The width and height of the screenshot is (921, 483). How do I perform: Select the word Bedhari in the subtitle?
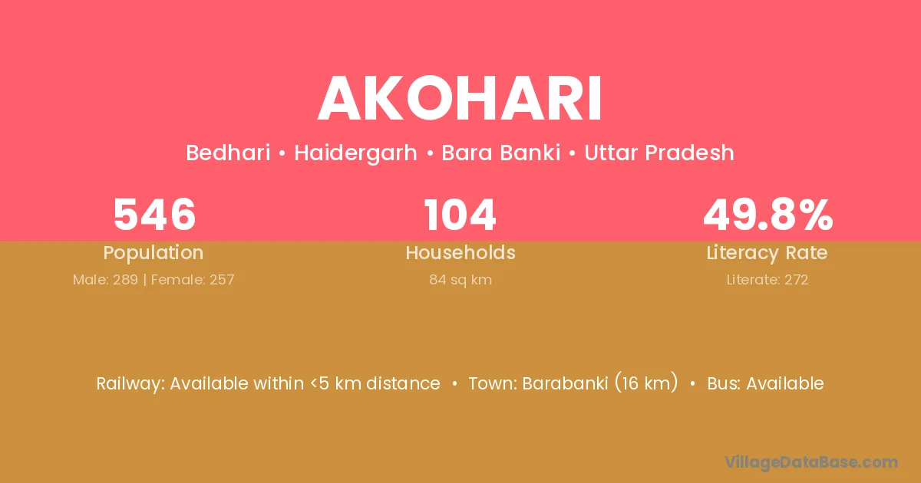[x=228, y=153]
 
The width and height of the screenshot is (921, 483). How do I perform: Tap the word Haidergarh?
[x=355, y=153]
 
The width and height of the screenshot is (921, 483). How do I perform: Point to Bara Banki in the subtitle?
[x=500, y=153]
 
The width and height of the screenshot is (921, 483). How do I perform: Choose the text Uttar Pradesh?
[x=659, y=153]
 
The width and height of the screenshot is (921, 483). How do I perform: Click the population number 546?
[x=154, y=215]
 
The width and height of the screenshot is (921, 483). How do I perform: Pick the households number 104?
[x=460, y=215]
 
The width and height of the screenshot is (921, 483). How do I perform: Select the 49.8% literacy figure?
[x=768, y=215]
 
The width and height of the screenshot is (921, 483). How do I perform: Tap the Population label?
[x=153, y=253]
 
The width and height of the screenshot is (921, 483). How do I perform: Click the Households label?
[x=460, y=252]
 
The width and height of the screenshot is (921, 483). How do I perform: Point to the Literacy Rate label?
[x=767, y=253]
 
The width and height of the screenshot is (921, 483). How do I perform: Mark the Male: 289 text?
[x=105, y=280]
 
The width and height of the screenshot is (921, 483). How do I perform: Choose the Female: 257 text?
[x=193, y=280]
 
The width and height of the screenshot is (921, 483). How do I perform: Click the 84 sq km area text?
[x=460, y=280]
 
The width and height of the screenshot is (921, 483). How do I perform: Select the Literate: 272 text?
[x=767, y=280]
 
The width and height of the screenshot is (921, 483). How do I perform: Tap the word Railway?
[x=130, y=384]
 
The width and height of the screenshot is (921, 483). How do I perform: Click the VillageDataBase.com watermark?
[x=811, y=462]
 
